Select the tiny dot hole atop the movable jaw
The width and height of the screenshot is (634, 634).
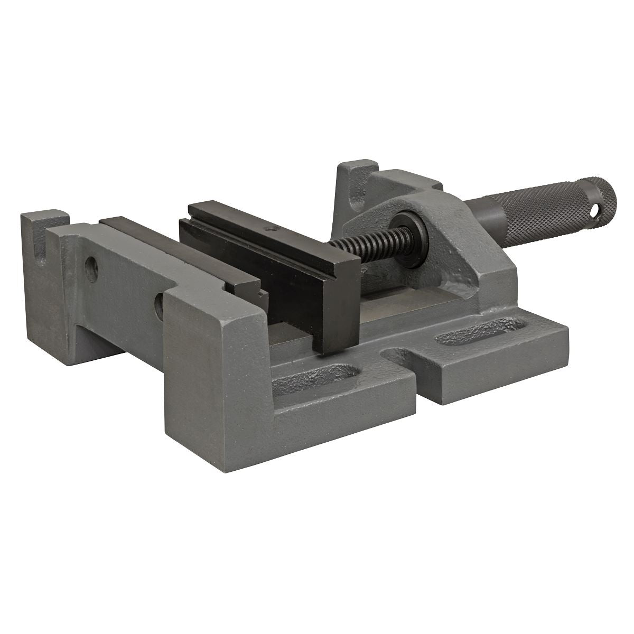(271, 229)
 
